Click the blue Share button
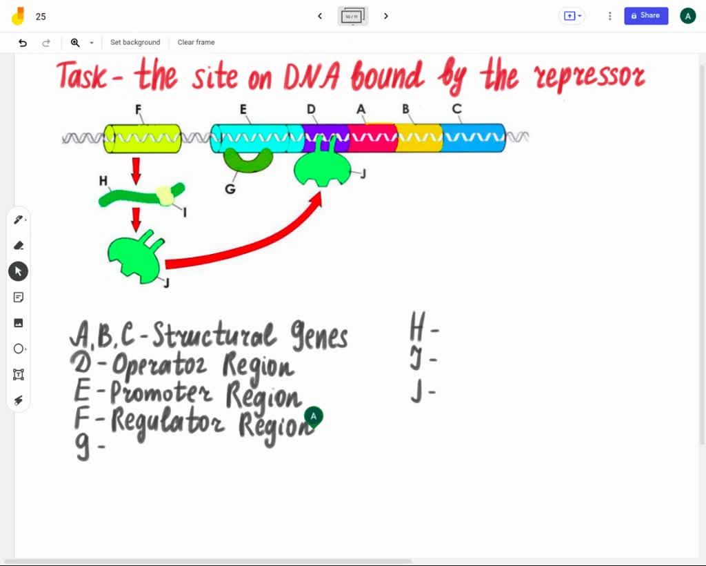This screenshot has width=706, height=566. click(x=646, y=16)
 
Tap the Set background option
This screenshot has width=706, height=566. click(x=135, y=42)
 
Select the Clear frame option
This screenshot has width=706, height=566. click(x=196, y=42)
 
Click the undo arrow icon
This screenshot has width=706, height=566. click(x=23, y=43)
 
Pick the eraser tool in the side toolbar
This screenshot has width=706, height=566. click(x=19, y=245)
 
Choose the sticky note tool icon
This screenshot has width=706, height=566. click(x=19, y=297)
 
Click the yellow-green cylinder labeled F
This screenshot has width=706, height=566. click(x=143, y=139)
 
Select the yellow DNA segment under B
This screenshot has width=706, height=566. click(x=419, y=138)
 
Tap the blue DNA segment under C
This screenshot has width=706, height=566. click(x=473, y=138)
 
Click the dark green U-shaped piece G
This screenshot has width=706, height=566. click(x=248, y=161)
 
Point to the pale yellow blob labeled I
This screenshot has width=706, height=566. click(x=165, y=196)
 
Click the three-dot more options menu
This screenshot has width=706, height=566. click(x=610, y=16)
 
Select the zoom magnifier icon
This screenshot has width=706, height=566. click(x=75, y=43)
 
